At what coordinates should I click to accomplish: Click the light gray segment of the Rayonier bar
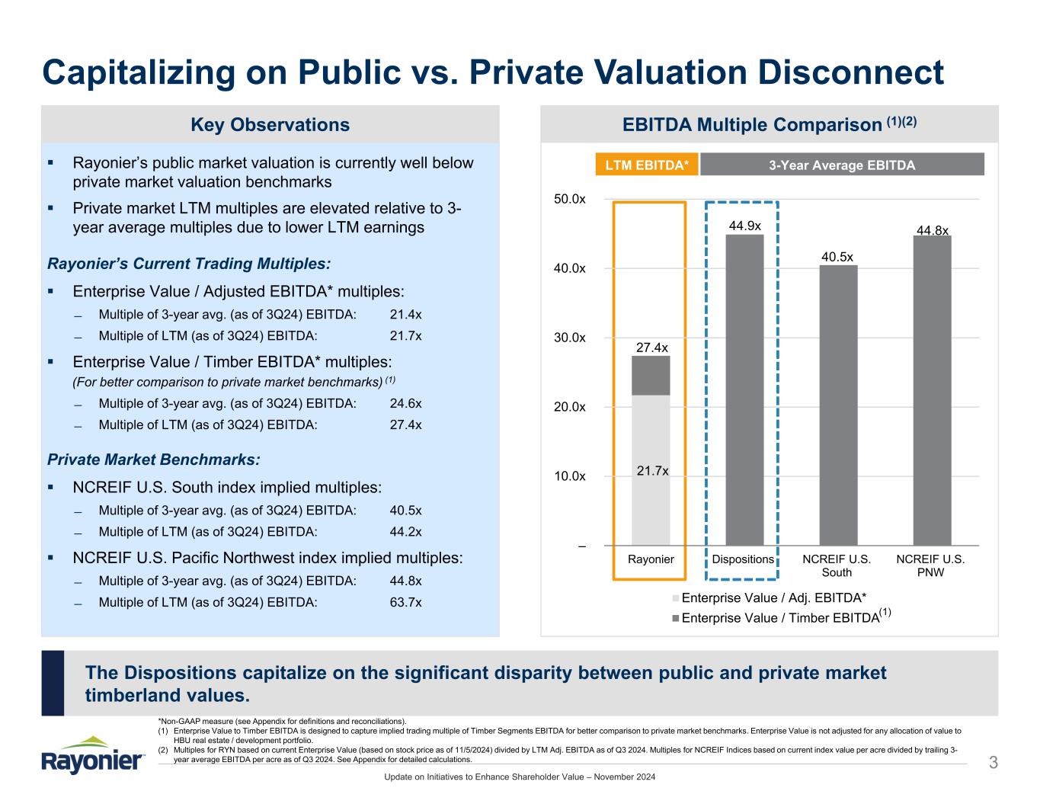(651, 469)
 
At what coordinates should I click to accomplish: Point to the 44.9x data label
(744, 226)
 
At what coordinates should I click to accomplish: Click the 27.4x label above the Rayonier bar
(651, 348)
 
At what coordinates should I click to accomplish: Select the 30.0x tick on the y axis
(570, 338)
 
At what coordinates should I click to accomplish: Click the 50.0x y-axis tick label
(570, 199)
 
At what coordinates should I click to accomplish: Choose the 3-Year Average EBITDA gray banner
(842, 165)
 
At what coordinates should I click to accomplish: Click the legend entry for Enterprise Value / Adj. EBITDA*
(773, 597)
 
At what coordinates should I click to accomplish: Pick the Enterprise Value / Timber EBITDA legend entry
(779, 617)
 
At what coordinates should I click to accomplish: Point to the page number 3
(993, 762)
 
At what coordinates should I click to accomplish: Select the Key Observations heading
(270, 125)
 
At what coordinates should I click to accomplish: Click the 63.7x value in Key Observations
(405, 602)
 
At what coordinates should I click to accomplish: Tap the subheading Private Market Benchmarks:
(153, 460)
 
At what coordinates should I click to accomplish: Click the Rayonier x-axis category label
(651, 559)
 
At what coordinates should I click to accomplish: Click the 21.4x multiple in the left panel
(405, 314)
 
